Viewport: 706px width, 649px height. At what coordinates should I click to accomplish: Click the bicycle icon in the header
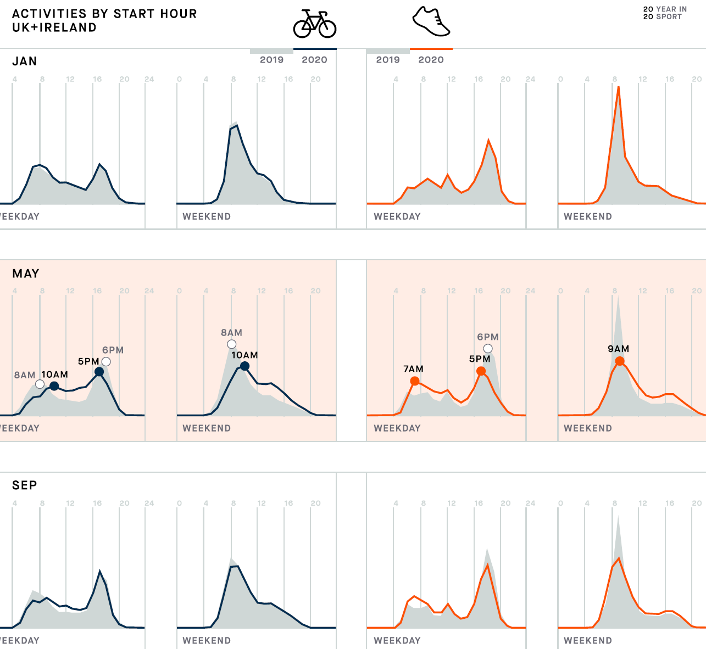tap(314, 25)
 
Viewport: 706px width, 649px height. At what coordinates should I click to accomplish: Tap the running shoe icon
tap(431, 22)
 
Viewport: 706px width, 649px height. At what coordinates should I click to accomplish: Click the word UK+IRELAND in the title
tap(54, 27)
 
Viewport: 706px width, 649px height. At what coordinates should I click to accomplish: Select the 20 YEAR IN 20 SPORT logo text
tap(665, 13)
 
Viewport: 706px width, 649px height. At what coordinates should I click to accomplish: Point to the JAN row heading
tap(25, 61)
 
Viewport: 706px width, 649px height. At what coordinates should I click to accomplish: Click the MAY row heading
tap(26, 273)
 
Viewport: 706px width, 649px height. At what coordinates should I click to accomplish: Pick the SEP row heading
tap(25, 485)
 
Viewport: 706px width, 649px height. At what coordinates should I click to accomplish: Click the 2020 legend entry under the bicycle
tap(314, 59)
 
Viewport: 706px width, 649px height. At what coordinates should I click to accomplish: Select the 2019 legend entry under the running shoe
tap(388, 59)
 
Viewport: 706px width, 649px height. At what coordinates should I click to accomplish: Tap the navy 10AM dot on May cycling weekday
tap(54, 386)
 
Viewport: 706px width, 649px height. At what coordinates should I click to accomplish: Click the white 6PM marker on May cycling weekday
tap(106, 361)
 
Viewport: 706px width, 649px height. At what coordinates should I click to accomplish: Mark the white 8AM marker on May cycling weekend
tap(231, 344)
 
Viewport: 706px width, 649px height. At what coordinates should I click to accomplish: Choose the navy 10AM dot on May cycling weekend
tap(245, 366)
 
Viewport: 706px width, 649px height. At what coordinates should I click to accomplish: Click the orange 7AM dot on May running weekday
tap(415, 381)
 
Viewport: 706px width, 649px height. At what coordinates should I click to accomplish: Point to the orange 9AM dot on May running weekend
tap(620, 361)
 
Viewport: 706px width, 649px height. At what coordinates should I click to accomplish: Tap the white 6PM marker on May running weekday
tap(488, 349)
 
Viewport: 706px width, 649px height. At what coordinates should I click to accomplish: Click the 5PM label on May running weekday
tap(480, 359)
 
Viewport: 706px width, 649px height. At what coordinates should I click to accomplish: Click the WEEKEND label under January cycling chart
tap(207, 216)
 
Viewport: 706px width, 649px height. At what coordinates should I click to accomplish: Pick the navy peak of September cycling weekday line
tap(100, 571)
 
